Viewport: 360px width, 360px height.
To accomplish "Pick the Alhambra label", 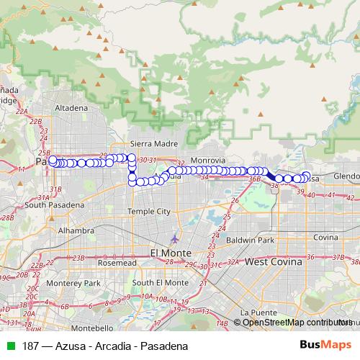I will coord(76,230).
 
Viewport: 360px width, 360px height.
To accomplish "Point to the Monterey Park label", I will coord(63,284).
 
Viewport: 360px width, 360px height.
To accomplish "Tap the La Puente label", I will coord(256,312).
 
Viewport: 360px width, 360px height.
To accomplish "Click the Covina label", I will coord(325,237).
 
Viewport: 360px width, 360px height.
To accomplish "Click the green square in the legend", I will coord(11,346).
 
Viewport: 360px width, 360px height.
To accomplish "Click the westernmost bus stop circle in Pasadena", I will coord(53,160).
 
